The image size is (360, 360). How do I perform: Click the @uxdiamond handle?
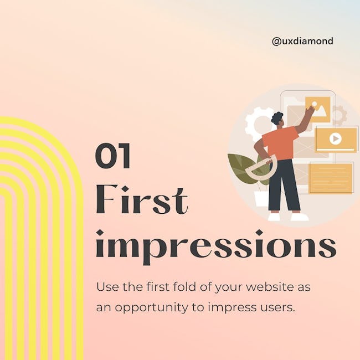(302, 42)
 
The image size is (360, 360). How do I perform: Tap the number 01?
(113, 156)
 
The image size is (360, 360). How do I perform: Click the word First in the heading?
(142, 199)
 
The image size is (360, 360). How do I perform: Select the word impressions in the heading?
(216, 247)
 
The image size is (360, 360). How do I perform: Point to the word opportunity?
(151, 307)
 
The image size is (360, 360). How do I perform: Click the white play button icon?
(336, 138)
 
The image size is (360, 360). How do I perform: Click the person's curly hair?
(277, 118)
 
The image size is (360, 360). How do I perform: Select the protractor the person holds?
(261, 167)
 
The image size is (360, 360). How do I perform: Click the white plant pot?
(261, 198)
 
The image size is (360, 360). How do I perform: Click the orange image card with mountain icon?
(318, 110)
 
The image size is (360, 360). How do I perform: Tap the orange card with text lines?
(331, 178)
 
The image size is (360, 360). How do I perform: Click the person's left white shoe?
(274, 217)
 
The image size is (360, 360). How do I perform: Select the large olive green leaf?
(241, 168)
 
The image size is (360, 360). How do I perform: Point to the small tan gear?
(340, 115)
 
